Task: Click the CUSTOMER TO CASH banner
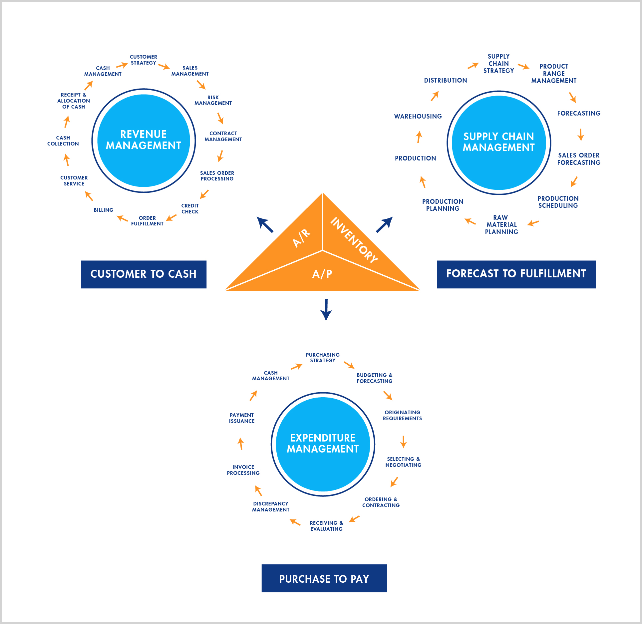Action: click(144, 274)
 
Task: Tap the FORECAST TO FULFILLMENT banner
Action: click(516, 274)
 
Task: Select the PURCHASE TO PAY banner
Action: click(324, 579)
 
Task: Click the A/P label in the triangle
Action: click(322, 274)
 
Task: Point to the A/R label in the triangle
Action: click(301, 238)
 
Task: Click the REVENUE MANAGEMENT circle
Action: click(144, 140)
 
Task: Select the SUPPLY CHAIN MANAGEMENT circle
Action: click(498, 143)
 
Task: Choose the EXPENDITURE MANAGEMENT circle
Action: click(323, 444)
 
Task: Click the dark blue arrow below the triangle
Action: click(326, 309)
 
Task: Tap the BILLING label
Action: click(103, 210)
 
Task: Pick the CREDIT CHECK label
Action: click(190, 209)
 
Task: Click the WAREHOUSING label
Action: click(418, 116)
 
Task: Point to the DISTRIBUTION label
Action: click(445, 80)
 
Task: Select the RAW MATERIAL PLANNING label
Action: click(501, 225)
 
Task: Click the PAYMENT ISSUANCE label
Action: click(242, 418)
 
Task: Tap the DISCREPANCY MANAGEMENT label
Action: click(270, 507)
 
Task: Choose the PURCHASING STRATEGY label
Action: click(323, 358)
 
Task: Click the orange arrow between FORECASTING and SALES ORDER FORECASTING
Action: click(581, 135)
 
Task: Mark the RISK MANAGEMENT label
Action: click(213, 100)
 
